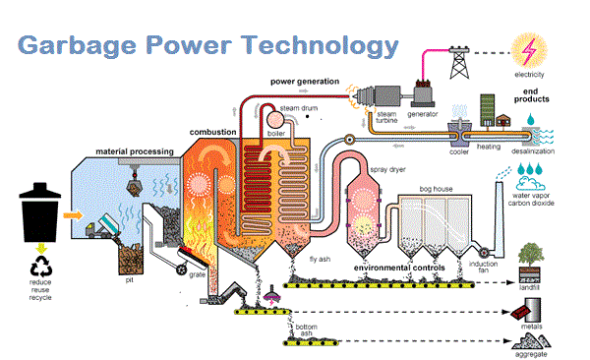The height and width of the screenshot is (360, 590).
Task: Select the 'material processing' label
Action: point(135,150)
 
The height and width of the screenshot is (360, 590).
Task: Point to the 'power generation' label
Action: point(305,81)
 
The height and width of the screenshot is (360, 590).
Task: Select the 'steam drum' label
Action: point(296,107)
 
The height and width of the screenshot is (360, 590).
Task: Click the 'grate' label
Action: point(197,275)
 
